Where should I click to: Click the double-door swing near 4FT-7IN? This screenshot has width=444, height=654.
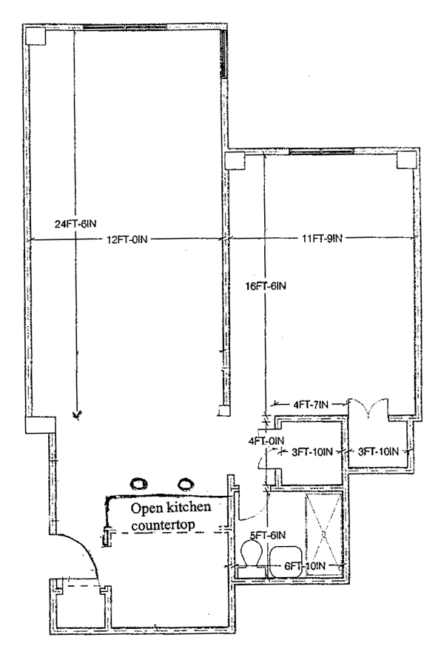click(x=369, y=406)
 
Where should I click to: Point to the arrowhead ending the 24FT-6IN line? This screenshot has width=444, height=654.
click(x=75, y=415)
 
